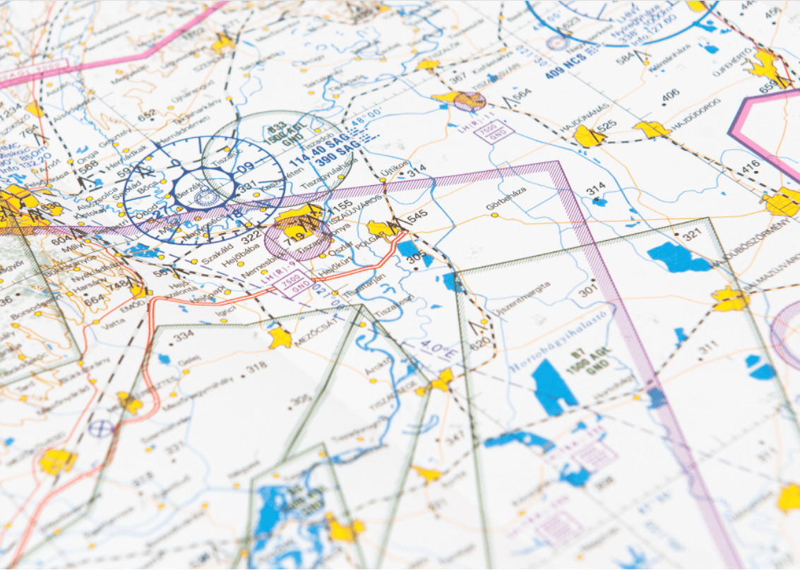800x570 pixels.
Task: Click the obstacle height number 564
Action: click(x=522, y=95)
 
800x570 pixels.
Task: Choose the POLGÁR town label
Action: click(x=375, y=254)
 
